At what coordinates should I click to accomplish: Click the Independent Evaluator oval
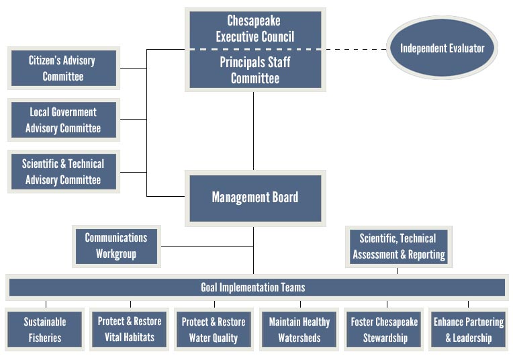tap(442, 48)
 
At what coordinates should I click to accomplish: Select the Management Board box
tap(254, 197)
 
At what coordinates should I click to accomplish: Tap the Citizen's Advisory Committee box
tap(63, 68)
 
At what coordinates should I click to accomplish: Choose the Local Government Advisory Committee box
tap(63, 120)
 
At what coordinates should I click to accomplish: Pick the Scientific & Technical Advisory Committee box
tap(63, 171)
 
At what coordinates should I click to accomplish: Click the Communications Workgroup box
tap(116, 246)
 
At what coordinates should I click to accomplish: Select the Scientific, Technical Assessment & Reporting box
tap(398, 246)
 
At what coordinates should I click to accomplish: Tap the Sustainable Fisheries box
tap(45, 329)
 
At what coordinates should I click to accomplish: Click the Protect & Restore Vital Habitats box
tap(130, 329)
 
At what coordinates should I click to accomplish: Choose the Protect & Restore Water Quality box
tap(214, 329)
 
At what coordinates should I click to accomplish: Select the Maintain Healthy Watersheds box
tap(299, 329)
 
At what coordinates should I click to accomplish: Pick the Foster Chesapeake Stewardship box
tap(384, 329)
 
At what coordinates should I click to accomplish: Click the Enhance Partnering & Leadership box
tap(468, 329)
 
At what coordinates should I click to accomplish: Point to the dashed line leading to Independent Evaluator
tap(356, 49)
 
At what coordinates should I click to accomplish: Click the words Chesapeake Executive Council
tap(254, 29)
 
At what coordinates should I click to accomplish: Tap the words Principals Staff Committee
tap(254, 70)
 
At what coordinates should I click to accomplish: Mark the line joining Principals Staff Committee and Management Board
tap(253, 131)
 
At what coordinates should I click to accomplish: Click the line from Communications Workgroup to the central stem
tap(207, 246)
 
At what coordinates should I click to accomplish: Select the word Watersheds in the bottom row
tap(299, 337)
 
